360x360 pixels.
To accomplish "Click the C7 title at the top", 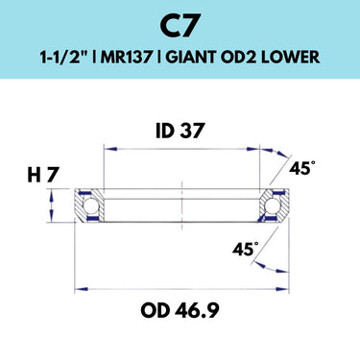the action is coord(180,27).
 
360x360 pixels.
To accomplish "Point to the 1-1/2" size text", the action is coord(63,58).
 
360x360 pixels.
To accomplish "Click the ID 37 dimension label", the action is coord(180,132).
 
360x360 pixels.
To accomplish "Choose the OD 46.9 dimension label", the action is coord(180,310).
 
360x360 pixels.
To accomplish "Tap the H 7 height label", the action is coord(43,176).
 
